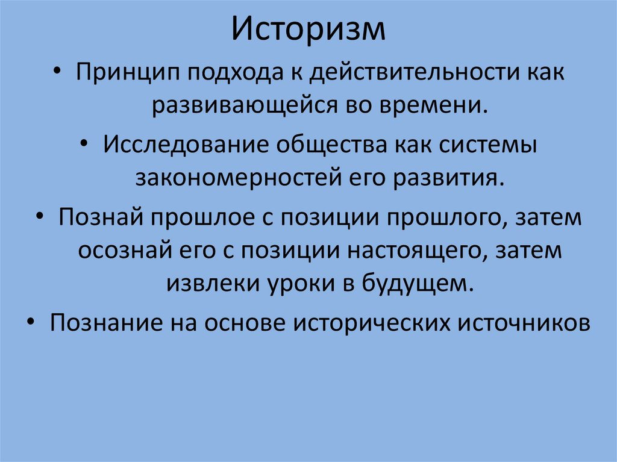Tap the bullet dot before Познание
pos(31,322)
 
